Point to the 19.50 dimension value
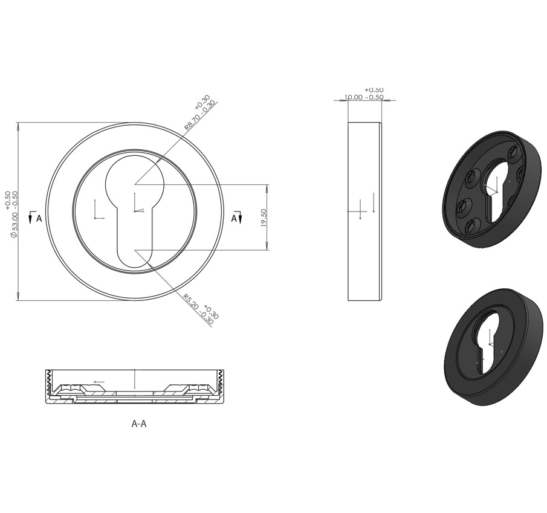[264, 218]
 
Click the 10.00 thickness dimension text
[354, 97]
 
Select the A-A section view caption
[139, 424]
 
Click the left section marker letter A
[39, 218]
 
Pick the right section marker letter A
[234, 218]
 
